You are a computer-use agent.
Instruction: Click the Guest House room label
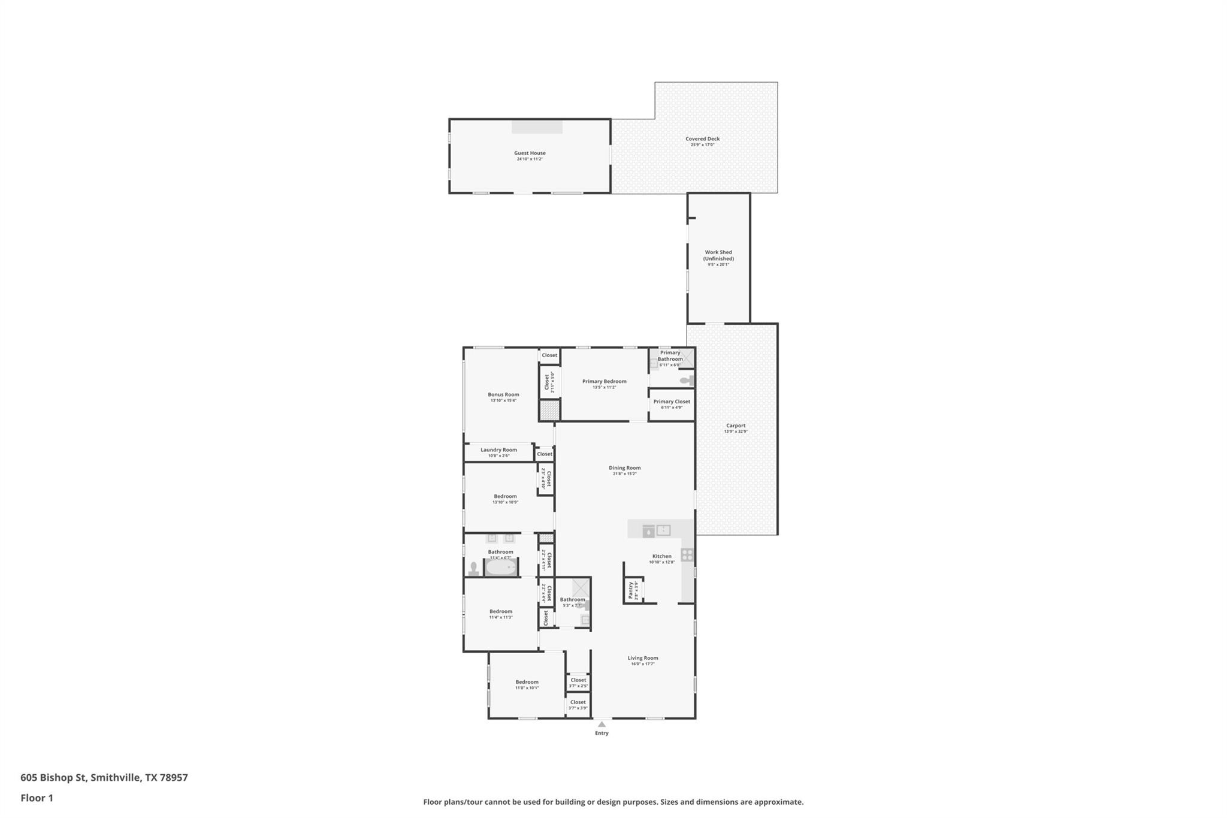point(530,153)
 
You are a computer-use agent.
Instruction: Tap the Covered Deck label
point(702,138)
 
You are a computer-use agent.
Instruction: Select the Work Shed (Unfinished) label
point(718,255)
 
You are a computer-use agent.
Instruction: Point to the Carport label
point(736,425)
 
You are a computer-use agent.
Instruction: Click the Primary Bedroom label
point(604,381)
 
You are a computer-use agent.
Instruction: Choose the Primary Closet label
point(672,402)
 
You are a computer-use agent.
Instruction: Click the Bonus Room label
point(503,394)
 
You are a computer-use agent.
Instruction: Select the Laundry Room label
point(498,449)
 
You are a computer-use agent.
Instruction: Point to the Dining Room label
point(624,467)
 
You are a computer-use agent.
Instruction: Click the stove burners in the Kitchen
point(687,555)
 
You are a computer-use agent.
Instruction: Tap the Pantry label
point(630,590)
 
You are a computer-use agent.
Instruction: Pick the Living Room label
point(642,657)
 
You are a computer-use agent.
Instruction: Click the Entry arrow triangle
point(602,724)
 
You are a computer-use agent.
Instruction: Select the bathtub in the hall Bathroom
point(500,568)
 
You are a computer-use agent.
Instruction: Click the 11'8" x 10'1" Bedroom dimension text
point(527,688)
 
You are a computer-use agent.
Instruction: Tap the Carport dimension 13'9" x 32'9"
point(736,431)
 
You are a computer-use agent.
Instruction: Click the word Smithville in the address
point(116,777)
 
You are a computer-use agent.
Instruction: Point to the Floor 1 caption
point(37,798)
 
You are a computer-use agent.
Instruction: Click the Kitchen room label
point(661,556)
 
